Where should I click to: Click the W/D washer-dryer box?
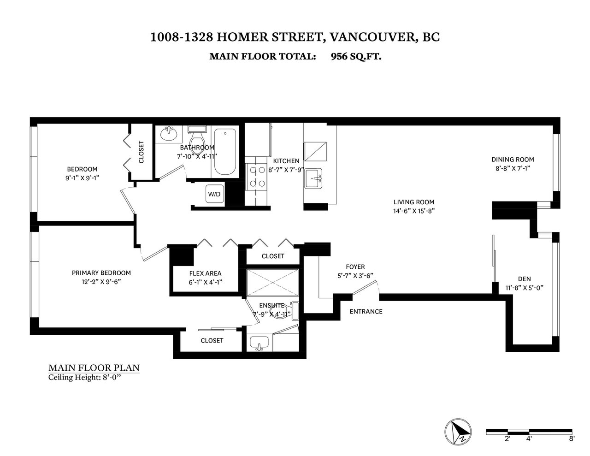click(215, 194)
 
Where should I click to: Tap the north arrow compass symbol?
click(458, 432)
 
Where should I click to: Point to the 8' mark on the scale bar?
click(572, 439)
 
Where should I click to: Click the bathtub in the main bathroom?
click(225, 152)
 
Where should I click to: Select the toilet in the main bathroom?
click(197, 139)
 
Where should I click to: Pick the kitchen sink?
click(313, 178)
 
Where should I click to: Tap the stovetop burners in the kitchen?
click(257, 177)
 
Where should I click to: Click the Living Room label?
click(414, 202)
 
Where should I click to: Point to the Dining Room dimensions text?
click(513, 168)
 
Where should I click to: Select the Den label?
click(524, 279)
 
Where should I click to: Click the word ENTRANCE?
click(366, 312)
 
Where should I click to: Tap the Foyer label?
click(355, 266)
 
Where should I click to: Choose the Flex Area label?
click(205, 273)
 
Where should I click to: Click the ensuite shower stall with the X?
click(272, 283)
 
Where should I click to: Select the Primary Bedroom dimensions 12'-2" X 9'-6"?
click(101, 282)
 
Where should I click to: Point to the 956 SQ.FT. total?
click(356, 57)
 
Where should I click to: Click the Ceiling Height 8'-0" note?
click(84, 378)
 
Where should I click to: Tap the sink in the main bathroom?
click(168, 133)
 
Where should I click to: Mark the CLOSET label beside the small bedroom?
click(141, 152)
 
